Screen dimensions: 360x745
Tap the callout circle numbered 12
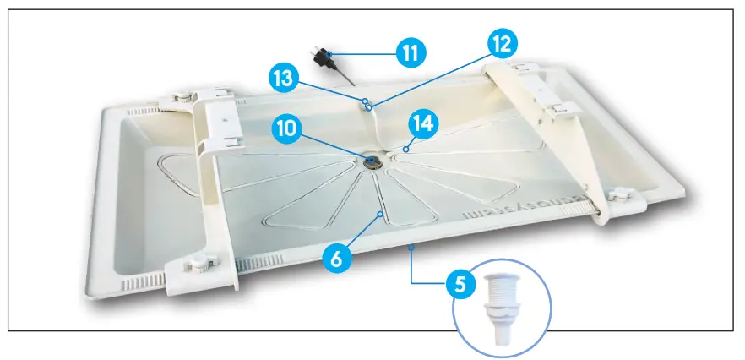[x=500, y=43]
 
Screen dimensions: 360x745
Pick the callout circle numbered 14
[x=424, y=123]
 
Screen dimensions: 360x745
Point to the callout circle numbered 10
[x=286, y=128]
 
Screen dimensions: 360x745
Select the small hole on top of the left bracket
[x=226, y=121]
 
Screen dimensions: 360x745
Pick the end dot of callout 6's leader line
[x=381, y=215]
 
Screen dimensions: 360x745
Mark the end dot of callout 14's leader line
[x=405, y=149]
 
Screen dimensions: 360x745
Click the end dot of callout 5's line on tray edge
[x=411, y=247]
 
